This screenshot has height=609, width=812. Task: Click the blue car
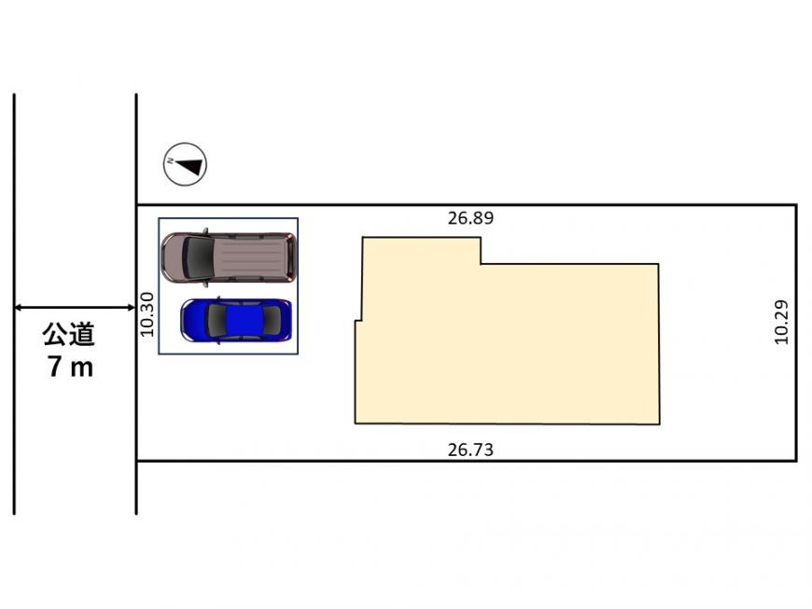coord(236,320)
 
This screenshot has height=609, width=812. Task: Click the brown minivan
coord(229,257)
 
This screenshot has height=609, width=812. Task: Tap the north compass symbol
coord(186,164)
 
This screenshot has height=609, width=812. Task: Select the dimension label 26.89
coord(470,218)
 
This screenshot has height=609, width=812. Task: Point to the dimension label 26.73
coord(470,450)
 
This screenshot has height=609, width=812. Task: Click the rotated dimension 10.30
coord(147,314)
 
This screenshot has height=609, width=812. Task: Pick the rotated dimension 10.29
coord(781,322)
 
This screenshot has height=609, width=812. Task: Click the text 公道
coord(69,334)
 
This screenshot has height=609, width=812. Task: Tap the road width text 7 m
coord(70,367)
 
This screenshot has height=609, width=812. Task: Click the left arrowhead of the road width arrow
coord(17,308)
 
